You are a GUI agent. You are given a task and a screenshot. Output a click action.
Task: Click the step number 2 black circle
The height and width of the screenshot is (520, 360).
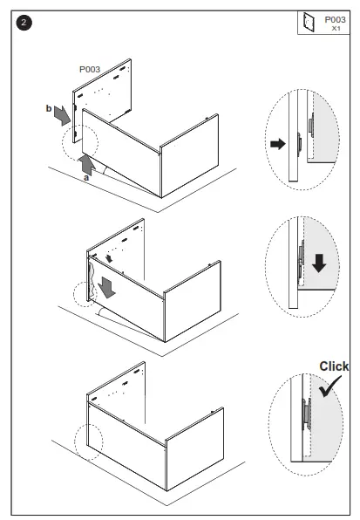point(24,23)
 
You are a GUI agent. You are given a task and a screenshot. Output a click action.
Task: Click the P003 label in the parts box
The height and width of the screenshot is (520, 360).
point(335,20)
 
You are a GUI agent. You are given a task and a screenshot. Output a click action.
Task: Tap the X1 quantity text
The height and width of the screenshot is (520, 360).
point(336,29)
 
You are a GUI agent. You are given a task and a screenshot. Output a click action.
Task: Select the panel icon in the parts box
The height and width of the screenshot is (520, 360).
point(308,22)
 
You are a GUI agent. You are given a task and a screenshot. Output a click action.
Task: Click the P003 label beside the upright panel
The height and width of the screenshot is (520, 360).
point(90,69)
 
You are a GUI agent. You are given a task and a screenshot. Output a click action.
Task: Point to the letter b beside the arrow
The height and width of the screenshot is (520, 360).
point(49,108)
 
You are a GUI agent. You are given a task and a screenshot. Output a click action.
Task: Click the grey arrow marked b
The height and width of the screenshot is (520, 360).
point(63,116)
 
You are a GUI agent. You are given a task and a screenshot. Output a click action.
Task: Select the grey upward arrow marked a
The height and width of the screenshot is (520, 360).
point(87,163)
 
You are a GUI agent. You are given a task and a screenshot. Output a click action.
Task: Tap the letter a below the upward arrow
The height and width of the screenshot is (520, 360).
point(86,178)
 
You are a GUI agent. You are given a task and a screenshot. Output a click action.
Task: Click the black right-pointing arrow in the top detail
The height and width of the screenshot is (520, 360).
point(278,144)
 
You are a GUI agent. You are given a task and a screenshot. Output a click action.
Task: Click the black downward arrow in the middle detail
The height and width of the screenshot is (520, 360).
point(319,263)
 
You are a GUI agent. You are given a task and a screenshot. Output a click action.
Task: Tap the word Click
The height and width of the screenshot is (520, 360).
point(334,366)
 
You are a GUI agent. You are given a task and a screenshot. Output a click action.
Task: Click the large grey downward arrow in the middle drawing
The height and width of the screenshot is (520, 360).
point(106,287)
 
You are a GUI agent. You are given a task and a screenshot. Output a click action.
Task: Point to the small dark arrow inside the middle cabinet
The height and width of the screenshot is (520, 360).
point(109,258)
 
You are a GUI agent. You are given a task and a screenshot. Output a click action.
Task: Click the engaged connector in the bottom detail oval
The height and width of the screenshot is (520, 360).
point(306,414)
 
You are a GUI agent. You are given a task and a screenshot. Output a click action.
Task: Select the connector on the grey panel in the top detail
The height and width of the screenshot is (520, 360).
point(311,126)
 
